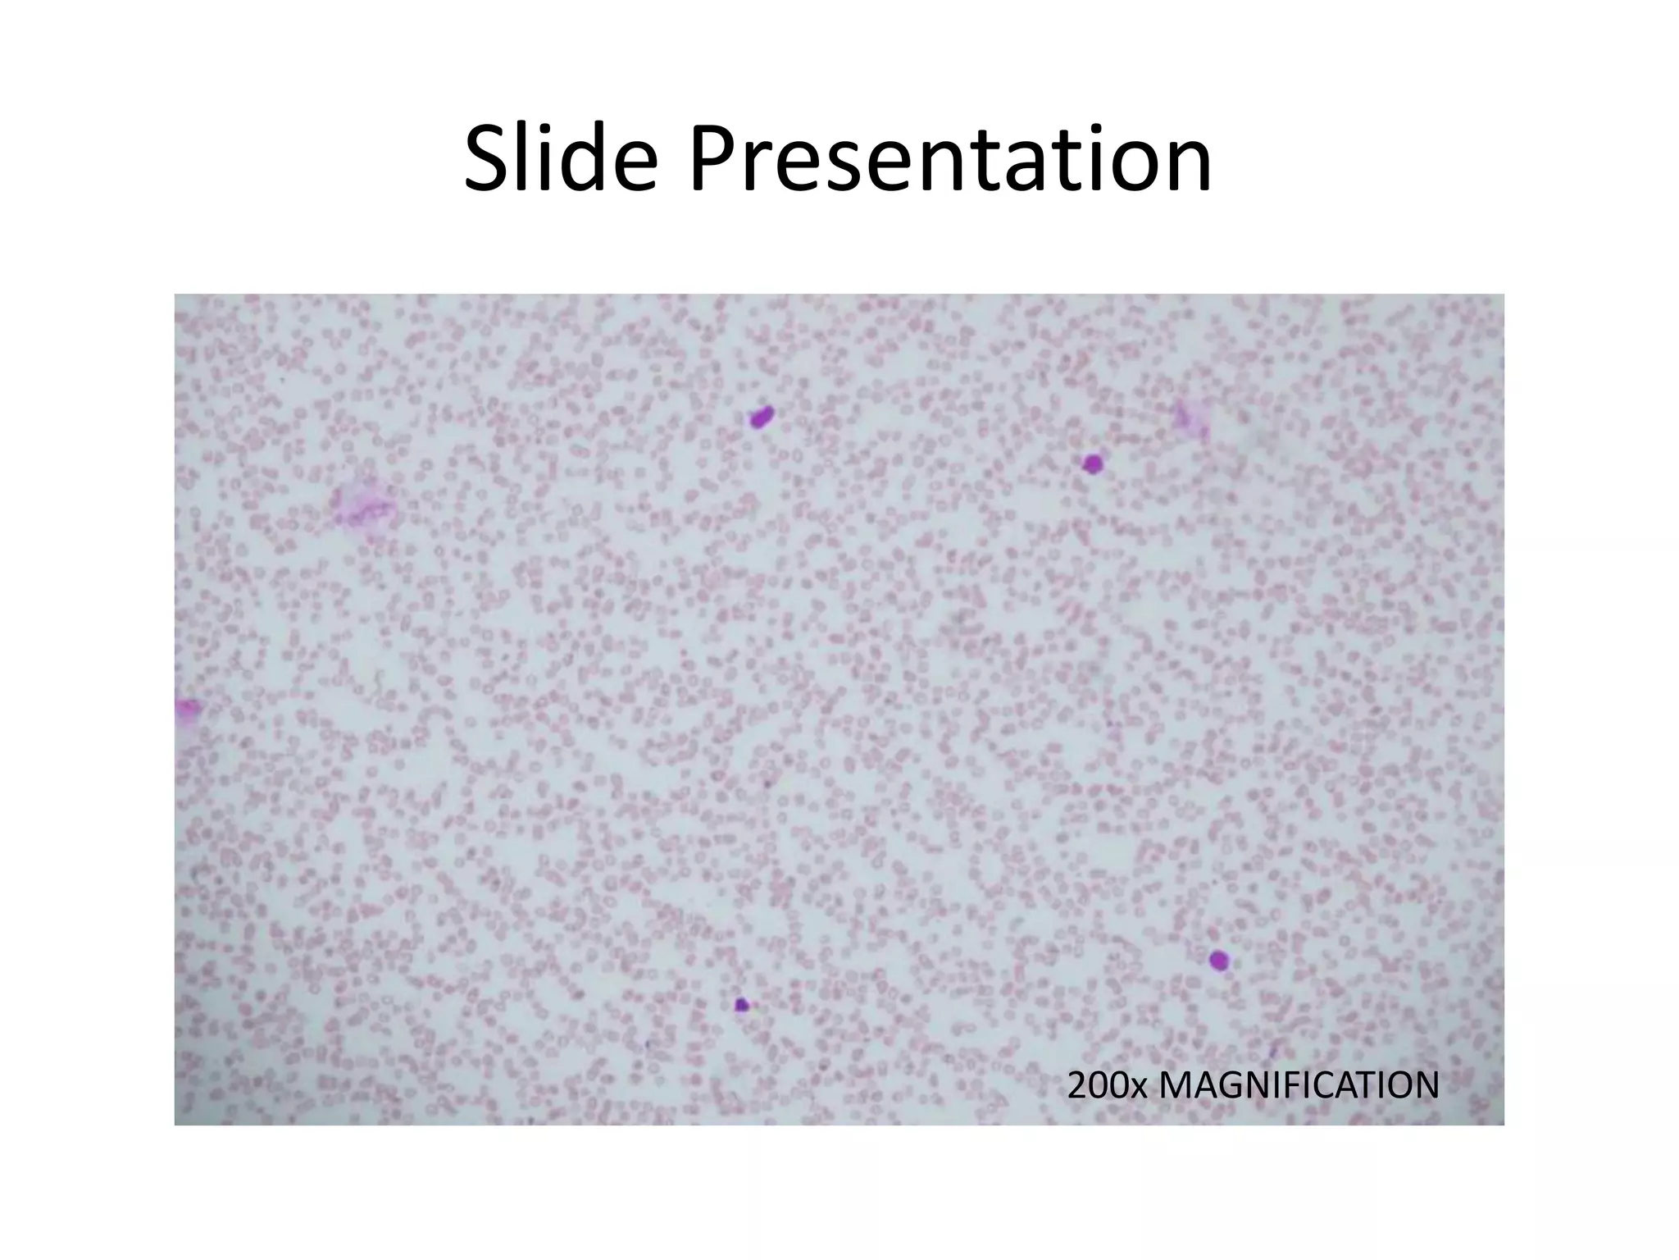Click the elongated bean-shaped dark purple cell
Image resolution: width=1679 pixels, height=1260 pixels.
[x=762, y=417]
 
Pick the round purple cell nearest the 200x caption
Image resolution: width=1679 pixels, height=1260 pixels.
[x=1219, y=960]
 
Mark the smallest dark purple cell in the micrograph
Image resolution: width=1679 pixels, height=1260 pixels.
[x=742, y=1004]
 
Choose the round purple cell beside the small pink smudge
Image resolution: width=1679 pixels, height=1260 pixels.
[x=1091, y=464]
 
